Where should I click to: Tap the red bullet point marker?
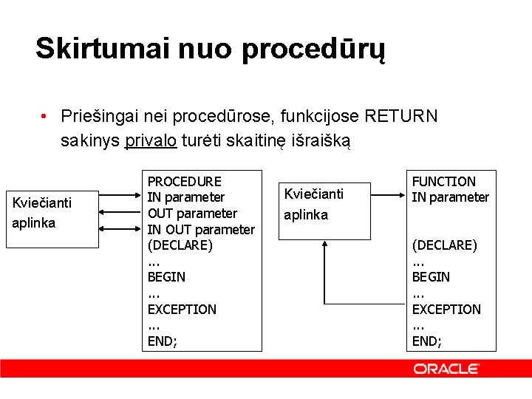pos(45,117)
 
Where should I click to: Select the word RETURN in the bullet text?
pos(401,116)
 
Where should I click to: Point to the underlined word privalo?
pos(151,140)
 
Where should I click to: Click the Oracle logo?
pos(446,368)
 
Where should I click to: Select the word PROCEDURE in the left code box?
pos(184,181)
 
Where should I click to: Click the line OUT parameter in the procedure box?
pos(192,214)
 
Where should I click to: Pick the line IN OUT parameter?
pos(200,229)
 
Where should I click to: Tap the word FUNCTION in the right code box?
pos(443,181)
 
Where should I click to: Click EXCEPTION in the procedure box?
pos(182,309)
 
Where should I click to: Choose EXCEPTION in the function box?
pos(446,309)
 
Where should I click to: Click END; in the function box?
pos(426,341)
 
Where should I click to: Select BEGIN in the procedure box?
pos(166,277)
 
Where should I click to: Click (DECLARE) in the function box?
pos(444,245)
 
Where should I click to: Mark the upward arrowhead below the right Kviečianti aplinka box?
pos(324,246)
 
